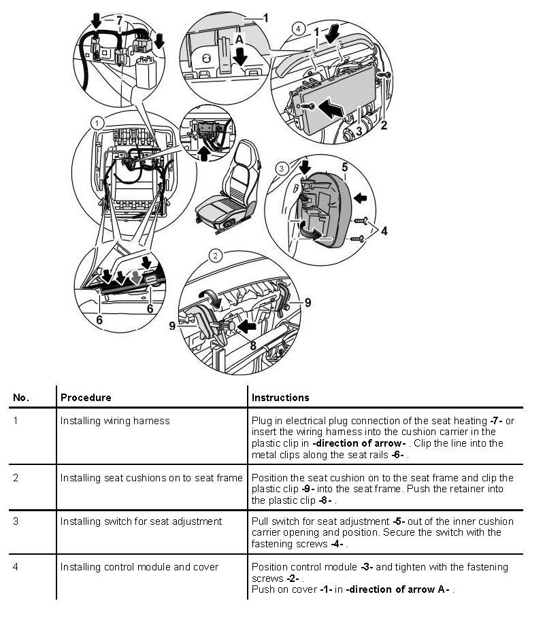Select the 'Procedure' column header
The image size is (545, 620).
(86, 397)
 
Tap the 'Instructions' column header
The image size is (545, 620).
(280, 397)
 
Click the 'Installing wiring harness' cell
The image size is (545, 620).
(115, 421)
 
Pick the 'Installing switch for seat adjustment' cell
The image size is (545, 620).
(141, 521)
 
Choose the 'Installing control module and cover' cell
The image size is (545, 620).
(139, 566)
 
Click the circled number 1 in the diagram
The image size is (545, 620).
(97, 123)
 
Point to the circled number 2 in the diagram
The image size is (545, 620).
(216, 256)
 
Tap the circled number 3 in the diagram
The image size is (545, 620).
(280, 168)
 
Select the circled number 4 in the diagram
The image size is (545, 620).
(298, 29)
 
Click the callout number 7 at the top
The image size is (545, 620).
(119, 21)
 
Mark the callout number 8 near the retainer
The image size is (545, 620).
(252, 345)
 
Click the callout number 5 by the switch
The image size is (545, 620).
(344, 166)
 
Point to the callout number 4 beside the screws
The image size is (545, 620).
(384, 232)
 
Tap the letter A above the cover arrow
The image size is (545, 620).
(239, 40)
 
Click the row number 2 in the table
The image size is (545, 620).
(16, 477)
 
